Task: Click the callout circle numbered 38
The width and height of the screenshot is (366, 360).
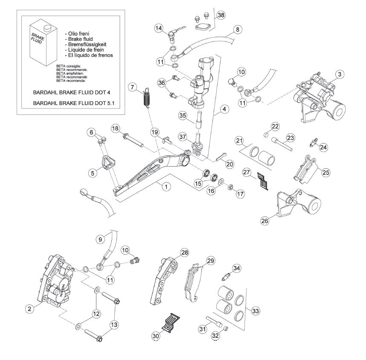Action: click(x=221, y=15)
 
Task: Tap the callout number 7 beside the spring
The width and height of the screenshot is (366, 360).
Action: click(x=133, y=88)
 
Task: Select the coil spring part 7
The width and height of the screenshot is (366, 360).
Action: click(x=147, y=98)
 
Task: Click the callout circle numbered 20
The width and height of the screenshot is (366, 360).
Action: click(x=229, y=164)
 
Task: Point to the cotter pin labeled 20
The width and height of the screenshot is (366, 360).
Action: click(x=221, y=156)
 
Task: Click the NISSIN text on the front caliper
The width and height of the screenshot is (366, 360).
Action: click(x=62, y=290)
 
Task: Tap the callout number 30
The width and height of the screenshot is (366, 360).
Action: click(x=156, y=336)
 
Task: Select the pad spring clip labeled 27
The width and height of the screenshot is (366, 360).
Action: click(x=263, y=181)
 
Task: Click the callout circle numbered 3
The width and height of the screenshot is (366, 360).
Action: click(x=340, y=74)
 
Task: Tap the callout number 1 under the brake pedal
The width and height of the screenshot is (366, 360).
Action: click(x=166, y=187)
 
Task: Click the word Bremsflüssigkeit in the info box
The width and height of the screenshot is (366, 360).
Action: click(x=87, y=44)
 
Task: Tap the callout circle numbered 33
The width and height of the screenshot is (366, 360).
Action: click(x=256, y=311)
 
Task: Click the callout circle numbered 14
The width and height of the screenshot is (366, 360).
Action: click(x=159, y=28)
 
